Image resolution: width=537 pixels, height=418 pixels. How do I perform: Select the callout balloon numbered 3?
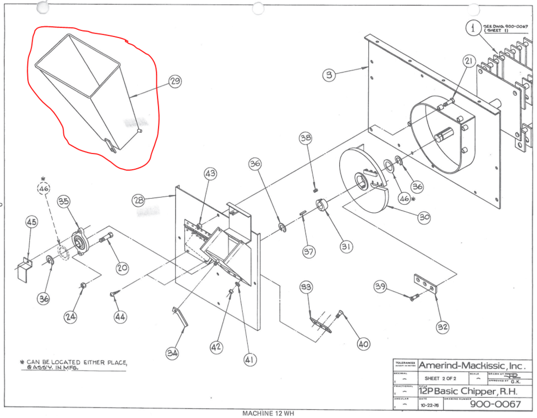(328, 75)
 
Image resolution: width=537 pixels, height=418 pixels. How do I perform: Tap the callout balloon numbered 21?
(469, 62)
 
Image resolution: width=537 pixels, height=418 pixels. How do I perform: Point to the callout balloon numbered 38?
(306, 138)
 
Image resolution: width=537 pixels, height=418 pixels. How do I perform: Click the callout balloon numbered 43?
(211, 174)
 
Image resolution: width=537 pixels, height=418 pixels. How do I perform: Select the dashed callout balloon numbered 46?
(43, 189)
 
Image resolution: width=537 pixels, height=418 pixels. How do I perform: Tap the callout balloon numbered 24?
(71, 317)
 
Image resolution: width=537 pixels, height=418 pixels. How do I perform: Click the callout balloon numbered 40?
(363, 344)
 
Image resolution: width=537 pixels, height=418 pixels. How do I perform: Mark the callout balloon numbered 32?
(443, 327)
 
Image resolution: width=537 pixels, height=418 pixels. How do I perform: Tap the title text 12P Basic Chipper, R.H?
(466, 391)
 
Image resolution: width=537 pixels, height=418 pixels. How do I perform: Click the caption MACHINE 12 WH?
(268, 413)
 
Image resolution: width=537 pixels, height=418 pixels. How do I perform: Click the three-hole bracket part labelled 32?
(424, 282)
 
